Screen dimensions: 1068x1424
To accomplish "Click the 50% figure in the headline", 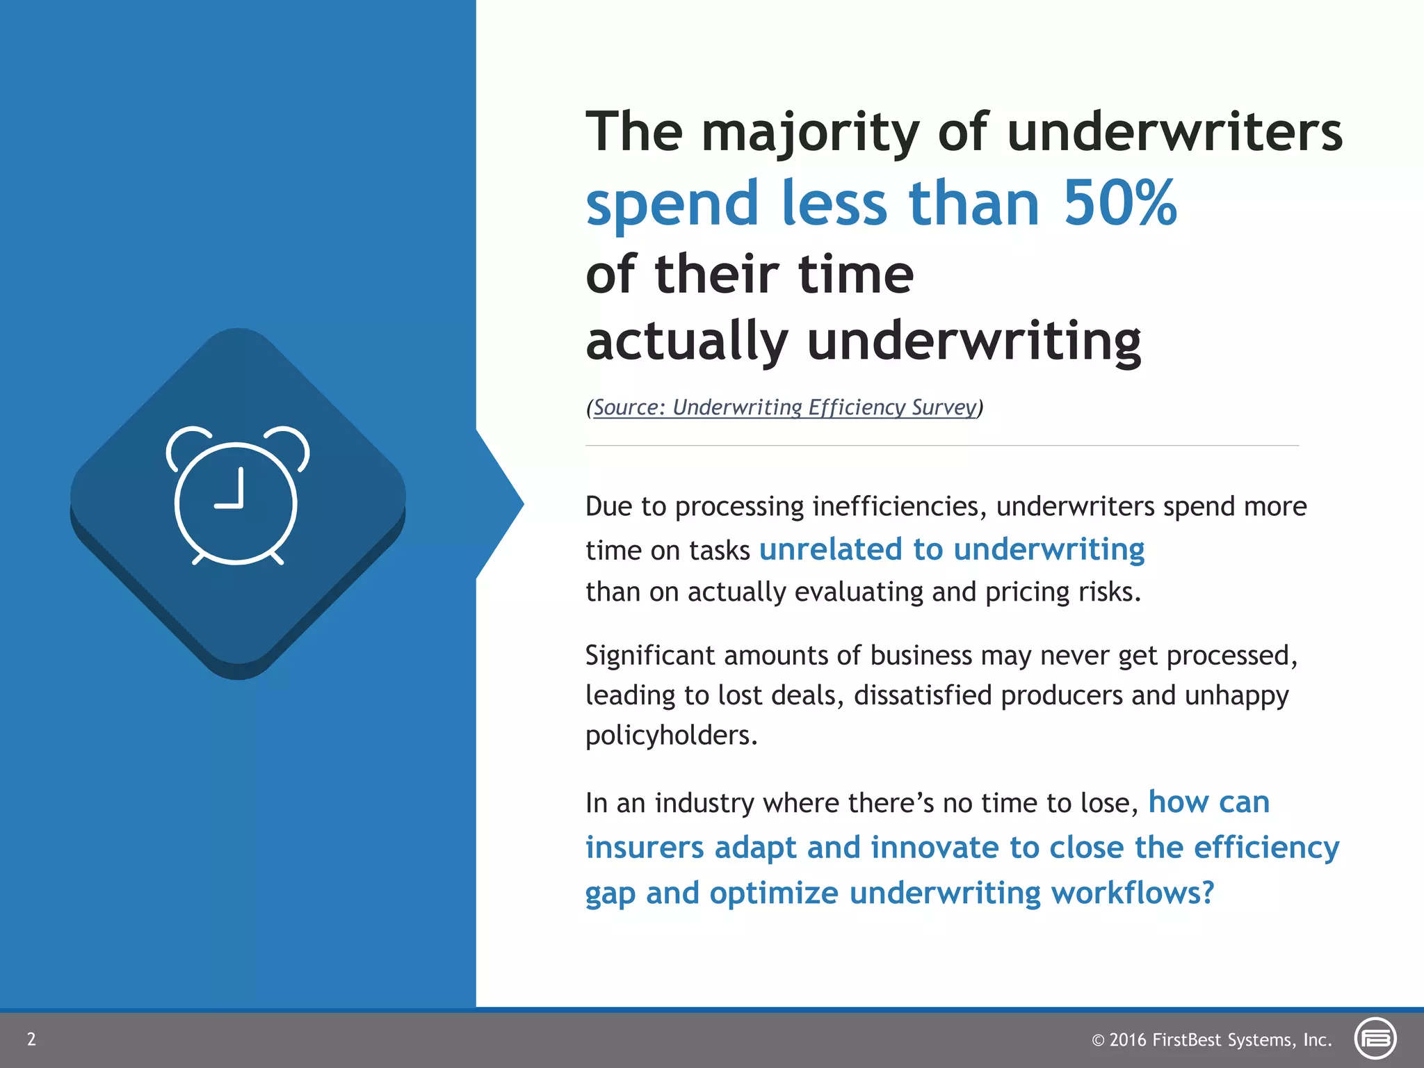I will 1119,203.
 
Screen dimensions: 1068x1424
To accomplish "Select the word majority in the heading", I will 809,133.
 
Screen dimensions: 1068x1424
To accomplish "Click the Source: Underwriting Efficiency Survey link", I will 784,407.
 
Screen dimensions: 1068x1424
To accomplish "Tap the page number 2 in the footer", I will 31,1039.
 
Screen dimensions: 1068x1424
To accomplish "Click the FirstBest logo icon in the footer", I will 1375,1039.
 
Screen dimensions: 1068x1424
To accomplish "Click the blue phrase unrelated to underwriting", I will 951,549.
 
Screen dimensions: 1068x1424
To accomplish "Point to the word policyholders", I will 670,736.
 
